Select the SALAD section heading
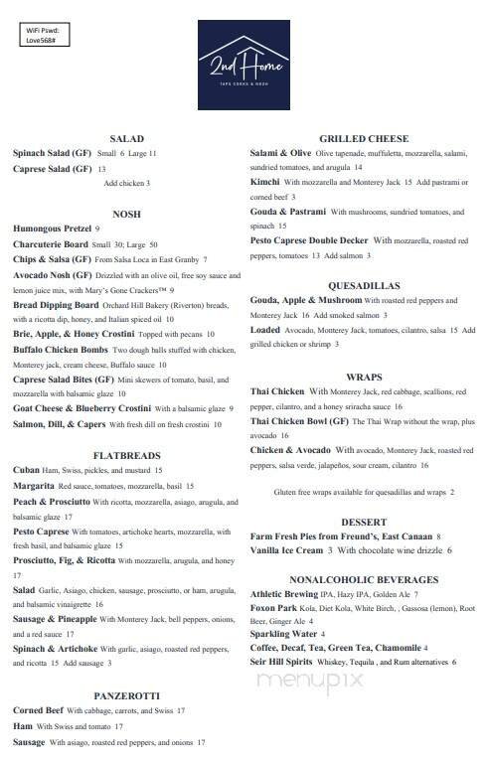coord(126,139)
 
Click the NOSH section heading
coord(126,213)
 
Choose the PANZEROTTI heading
coord(126,696)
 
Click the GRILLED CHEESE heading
coord(364,139)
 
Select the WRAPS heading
coord(364,378)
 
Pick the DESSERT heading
coord(364,522)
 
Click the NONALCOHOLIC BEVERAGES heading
coord(364,579)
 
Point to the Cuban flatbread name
coord(26,470)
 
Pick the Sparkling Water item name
coord(284,633)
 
